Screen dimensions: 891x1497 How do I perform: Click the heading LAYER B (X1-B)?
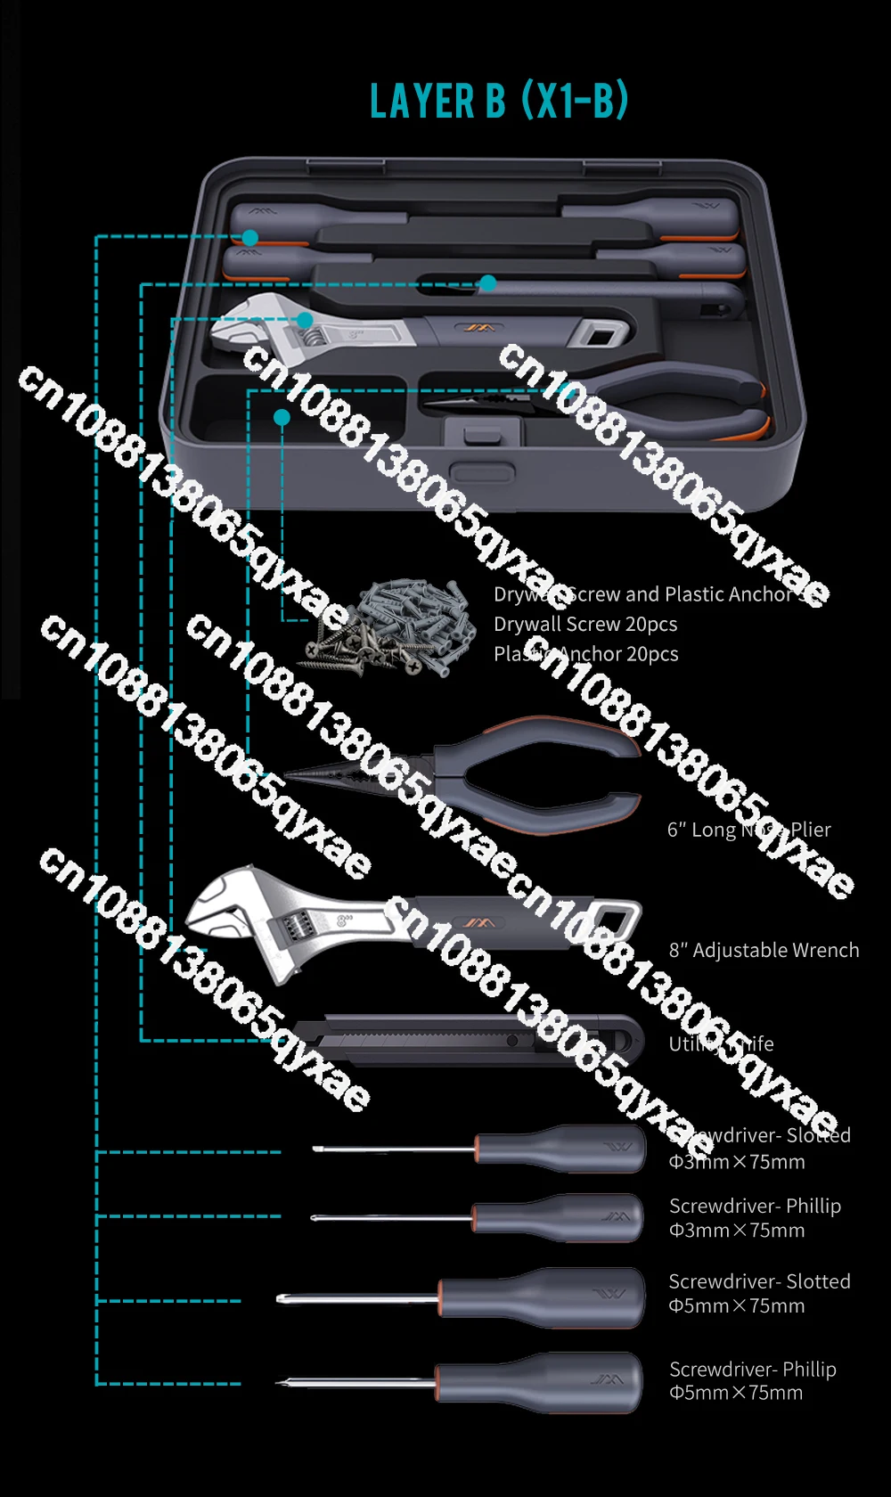click(x=499, y=101)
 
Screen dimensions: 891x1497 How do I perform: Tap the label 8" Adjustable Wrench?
click(x=764, y=950)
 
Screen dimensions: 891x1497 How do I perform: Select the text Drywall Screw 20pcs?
click(x=585, y=624)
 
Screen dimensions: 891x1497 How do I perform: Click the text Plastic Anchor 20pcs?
click(x=585, y=654)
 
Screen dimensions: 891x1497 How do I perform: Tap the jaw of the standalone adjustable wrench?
click(x=223, y=913)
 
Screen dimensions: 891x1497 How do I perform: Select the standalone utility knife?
click(x=472, y=1039)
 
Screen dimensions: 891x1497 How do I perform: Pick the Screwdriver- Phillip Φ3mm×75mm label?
click(x=754, y=1217)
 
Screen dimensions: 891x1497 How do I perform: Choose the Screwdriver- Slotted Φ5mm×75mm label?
click(x=759, y=1293)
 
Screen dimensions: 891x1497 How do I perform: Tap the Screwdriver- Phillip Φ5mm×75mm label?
click(x=752, y=1380)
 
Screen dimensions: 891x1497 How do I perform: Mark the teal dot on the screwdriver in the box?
click(x=250, y=237)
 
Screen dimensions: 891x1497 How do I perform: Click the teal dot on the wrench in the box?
click(x=305, y=319)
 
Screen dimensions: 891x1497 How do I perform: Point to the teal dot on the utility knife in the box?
click(x=487, y=283)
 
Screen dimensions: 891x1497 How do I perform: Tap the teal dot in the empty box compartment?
click(x=282, y=416)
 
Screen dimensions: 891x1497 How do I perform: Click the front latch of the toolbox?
click(x=482, y=471)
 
